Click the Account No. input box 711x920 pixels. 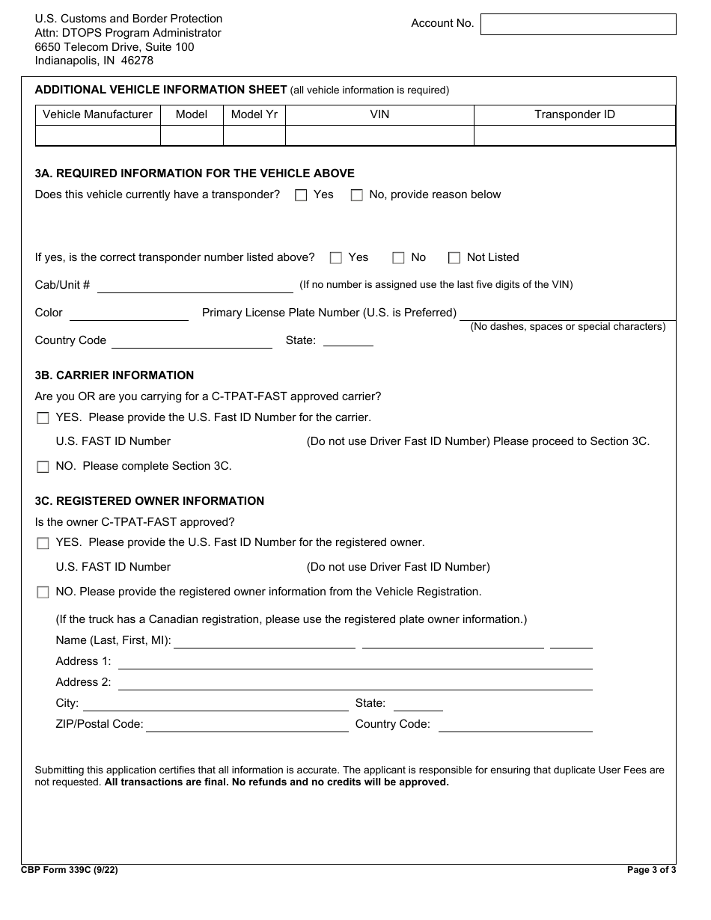tap(578, 24)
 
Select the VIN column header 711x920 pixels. tap(379, 114)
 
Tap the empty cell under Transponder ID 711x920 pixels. tap(574, 135)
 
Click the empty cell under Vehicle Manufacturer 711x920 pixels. tap(98, 135)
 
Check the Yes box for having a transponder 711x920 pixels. tap(301, 195)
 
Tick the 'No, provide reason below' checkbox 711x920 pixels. tap(357, 195)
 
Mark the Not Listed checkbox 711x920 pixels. tap(454, 258)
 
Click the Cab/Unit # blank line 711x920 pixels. tap(195, 286)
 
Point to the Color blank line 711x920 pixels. tap(129, 314)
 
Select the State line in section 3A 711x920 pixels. tap(348, 341)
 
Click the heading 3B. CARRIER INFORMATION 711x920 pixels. tap(115, 375)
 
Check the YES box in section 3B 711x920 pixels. tap(43, 418)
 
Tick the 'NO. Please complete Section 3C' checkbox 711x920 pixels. tap(43, 467)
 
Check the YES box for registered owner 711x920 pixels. tap(43, 543)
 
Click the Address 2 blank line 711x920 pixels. tap(355, 684)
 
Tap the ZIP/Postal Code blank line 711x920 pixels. tap(247, 726)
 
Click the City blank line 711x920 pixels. tap(216, 705)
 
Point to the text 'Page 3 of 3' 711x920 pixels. tap(651, 870)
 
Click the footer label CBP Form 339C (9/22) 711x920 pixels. tap(70, 870)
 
